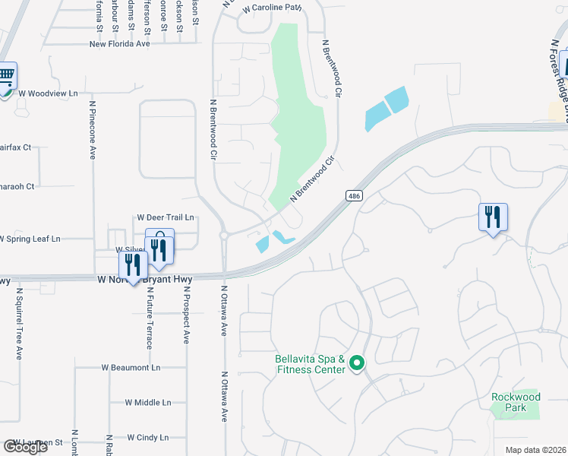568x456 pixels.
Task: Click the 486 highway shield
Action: [x=354, y=195]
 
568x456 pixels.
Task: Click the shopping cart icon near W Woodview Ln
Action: [x=6, y=76]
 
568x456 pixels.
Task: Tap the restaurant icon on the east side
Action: [x=493, y=217]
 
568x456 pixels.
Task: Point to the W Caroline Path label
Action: [x=272, y=8]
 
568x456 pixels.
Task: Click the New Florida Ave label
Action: [x=131, y=44]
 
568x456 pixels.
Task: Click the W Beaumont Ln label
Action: [x=131, y=367]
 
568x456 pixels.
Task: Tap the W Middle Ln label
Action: [x=148, y=403]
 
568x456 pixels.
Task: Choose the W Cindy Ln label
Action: [x=147, y=438]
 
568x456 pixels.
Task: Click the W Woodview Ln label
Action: [x=49, y=93]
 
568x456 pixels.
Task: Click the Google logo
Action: [x=25, y=447]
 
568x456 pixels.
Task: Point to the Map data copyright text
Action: [x=536, y=450]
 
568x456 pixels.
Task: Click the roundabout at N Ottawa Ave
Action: [x=224, y=236]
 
